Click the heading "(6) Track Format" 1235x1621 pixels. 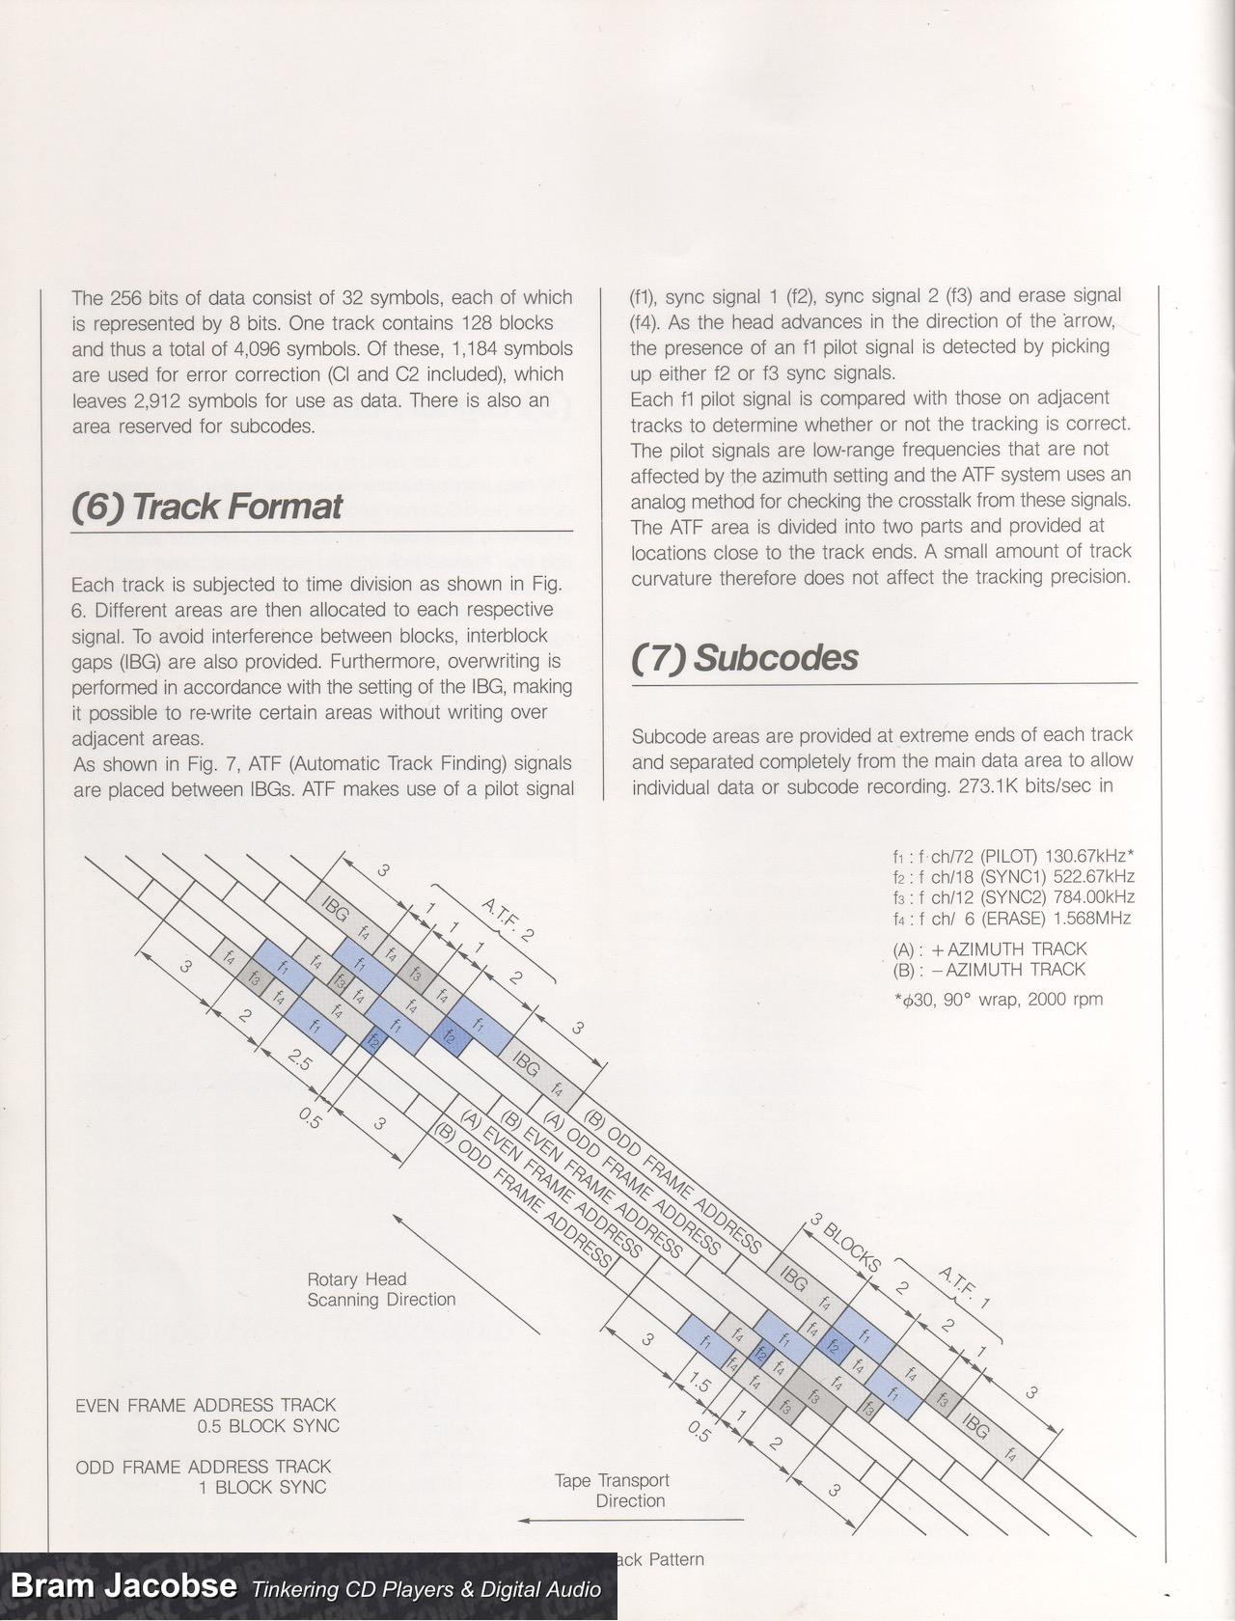(207, 507)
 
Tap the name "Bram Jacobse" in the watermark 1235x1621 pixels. (123, 1586)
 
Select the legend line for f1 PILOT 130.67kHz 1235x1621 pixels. (1013, 856)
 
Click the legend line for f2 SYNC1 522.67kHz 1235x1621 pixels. (1013, 877)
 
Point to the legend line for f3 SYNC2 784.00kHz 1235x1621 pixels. (1013, 897)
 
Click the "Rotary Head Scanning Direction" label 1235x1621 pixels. (381, 1289)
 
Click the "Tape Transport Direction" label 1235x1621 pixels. (612, 1490)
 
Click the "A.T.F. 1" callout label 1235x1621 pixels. (964, 1286)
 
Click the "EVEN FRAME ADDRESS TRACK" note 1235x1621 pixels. (206, 1405)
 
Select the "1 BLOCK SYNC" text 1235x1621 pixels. (262, 1487)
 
